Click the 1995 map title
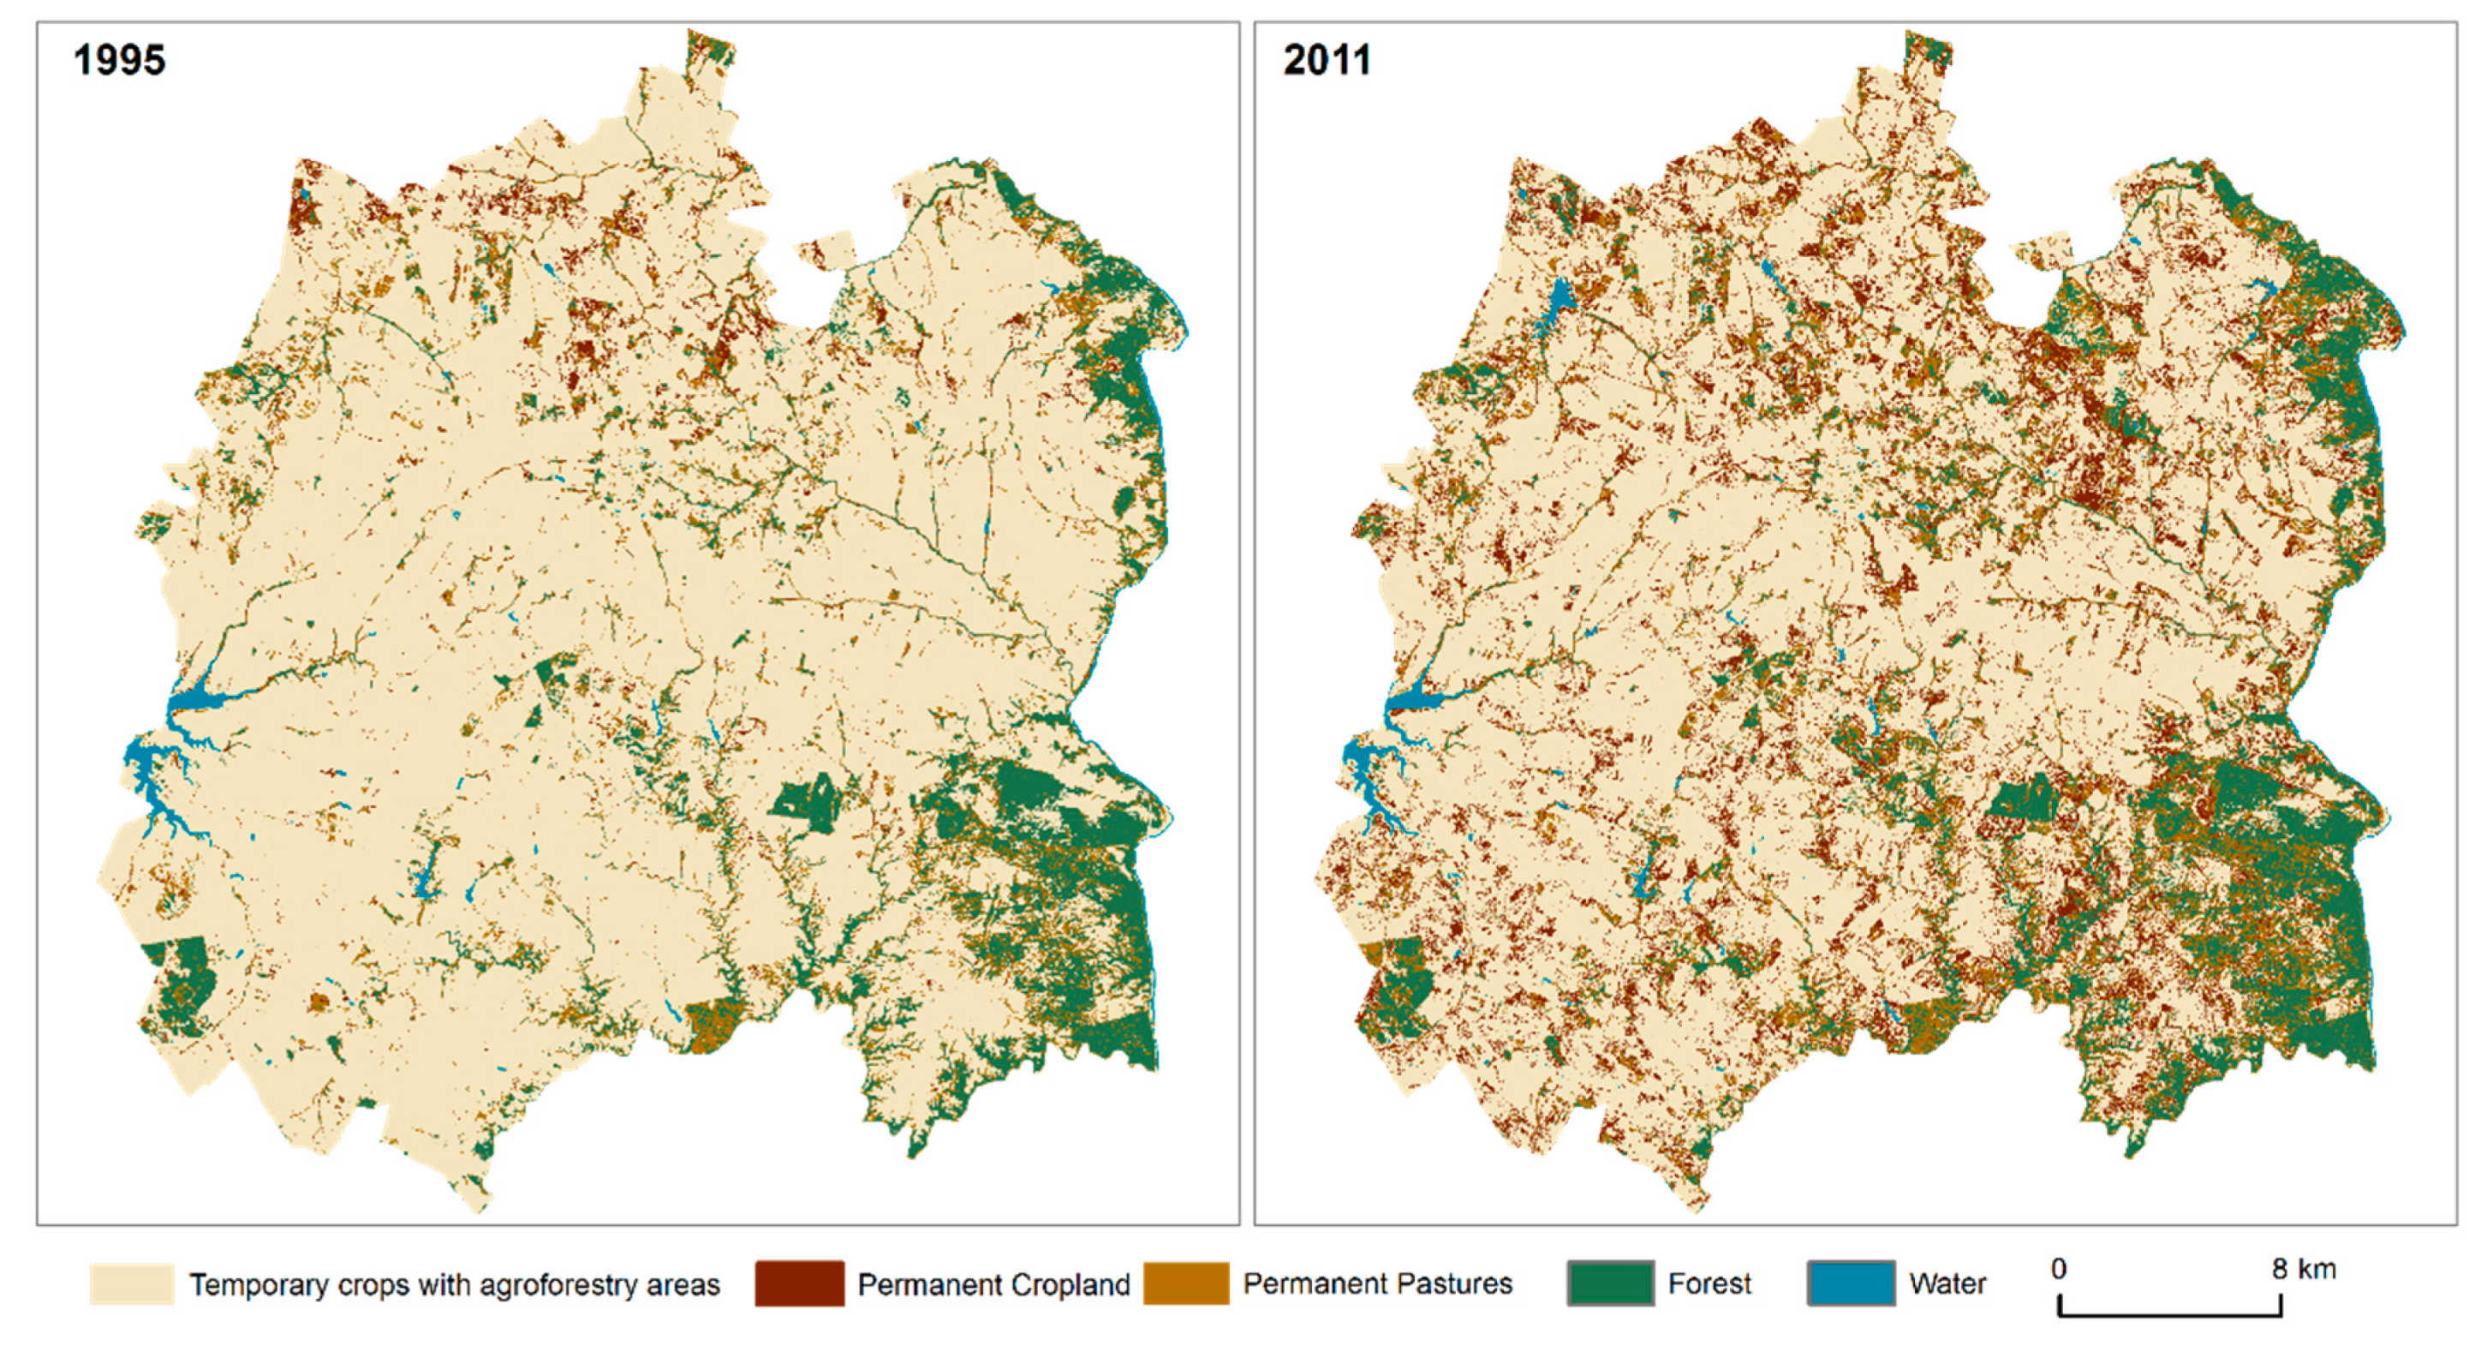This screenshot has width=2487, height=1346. click(119, 60)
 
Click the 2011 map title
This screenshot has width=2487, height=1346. click(1327, 60)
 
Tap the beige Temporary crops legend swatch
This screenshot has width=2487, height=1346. click(131, 1284)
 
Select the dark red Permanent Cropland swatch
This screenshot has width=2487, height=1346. click(798, 1284)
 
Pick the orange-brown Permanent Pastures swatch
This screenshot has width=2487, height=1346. click(1185, 1284)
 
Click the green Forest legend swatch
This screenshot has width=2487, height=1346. click(1609, 1284)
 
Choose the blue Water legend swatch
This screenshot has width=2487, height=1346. click(1850, 1284)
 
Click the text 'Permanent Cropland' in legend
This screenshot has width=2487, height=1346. click(993, 1285)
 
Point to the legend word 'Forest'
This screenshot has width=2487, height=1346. click(1709, 1284)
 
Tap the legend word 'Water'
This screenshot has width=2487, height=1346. click(1947, 1284)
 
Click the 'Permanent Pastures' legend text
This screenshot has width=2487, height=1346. click(1377, 1284)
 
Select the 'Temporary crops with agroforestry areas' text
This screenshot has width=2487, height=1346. click(454, 1285)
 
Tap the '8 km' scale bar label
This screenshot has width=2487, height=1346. click(2304, 1268)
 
